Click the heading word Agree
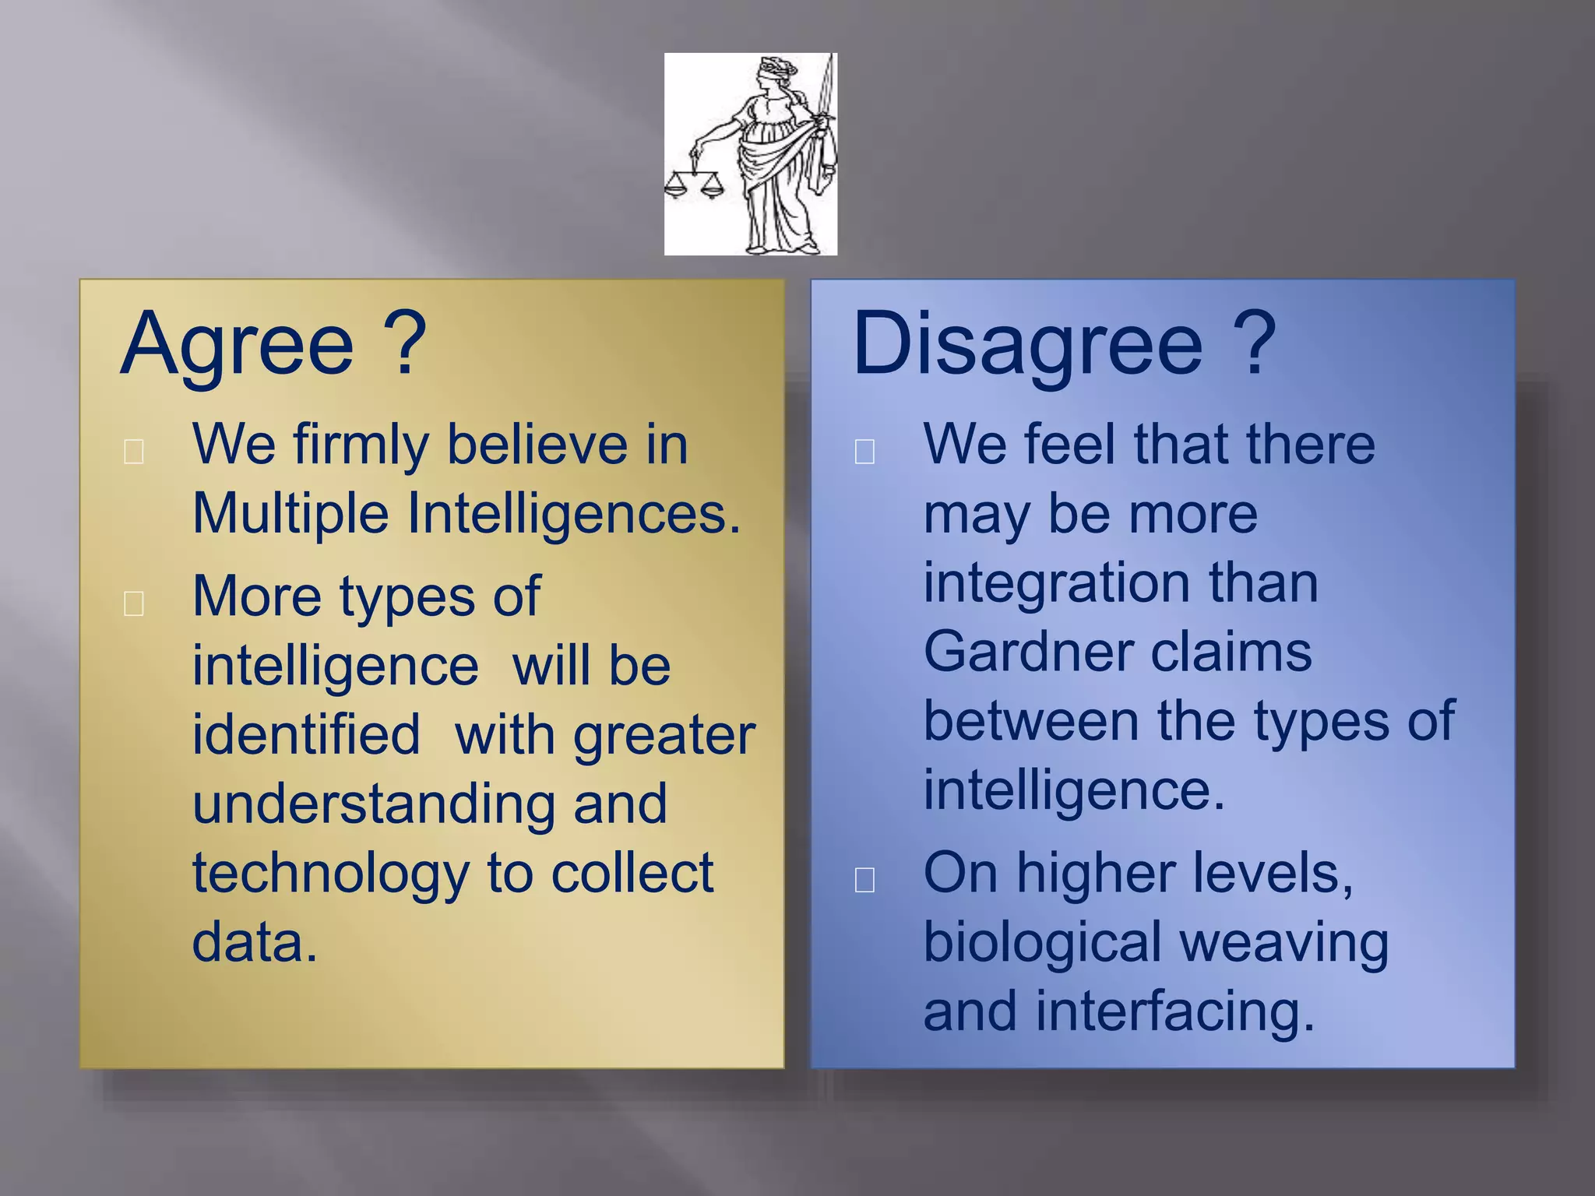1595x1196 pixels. coord(238,345)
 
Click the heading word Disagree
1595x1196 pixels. coord(1027,345)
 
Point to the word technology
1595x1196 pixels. coord(330,874)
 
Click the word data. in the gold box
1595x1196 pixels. coord(255,942)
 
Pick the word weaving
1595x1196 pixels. coord(1283,943)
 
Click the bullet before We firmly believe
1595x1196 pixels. coord(134,451)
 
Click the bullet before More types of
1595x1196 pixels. coord(134,603)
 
